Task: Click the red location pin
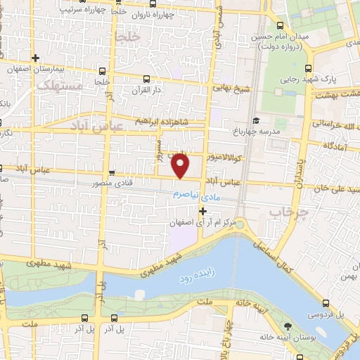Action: point(181,166)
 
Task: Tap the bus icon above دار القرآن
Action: point(146,79)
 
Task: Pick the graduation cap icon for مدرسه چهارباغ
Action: point(256,120)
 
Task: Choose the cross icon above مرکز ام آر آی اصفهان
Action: point(202,210)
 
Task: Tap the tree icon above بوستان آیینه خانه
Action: point(288,326)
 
